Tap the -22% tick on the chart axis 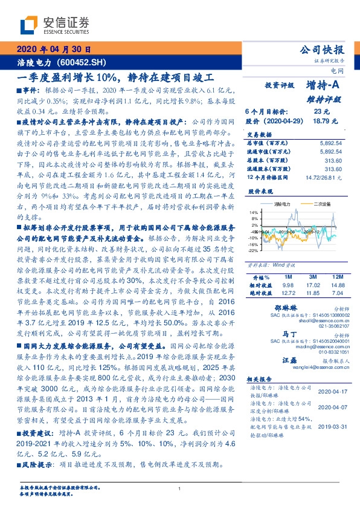coord(252,250)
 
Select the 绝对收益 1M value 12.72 coord(288,293)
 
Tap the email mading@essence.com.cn coord(309,346)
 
